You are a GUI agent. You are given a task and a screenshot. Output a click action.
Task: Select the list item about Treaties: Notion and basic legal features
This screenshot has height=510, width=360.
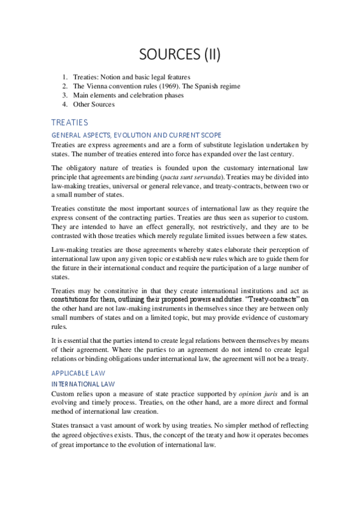(x=131, y=77)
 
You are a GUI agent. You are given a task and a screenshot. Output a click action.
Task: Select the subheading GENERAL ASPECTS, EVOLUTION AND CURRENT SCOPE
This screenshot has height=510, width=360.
(x=136, y=135)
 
